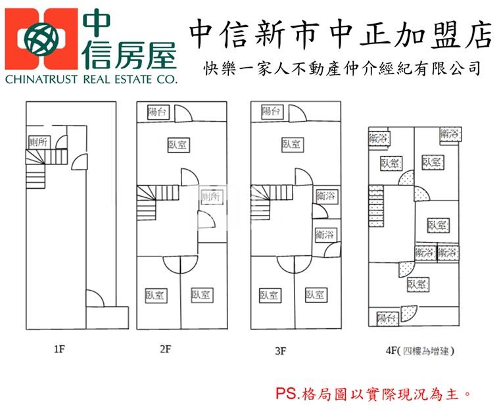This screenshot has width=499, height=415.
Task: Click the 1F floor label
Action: point(59,349)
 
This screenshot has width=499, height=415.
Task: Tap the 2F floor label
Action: point(166,349)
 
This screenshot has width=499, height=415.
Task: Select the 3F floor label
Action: point(280,350)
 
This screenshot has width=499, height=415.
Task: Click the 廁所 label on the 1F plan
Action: point(38,142)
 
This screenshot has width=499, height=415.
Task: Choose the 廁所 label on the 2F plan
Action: point(212,196)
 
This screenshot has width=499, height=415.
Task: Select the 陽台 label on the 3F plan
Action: point(272,111)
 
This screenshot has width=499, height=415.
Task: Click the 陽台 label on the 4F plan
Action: point(387,318)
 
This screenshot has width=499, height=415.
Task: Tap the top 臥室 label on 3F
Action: point(291,144)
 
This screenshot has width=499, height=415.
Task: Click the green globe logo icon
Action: point(42,41)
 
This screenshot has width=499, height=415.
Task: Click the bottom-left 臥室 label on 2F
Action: point(156,295)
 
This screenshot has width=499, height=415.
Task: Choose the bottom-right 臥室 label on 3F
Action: point(316,295)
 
